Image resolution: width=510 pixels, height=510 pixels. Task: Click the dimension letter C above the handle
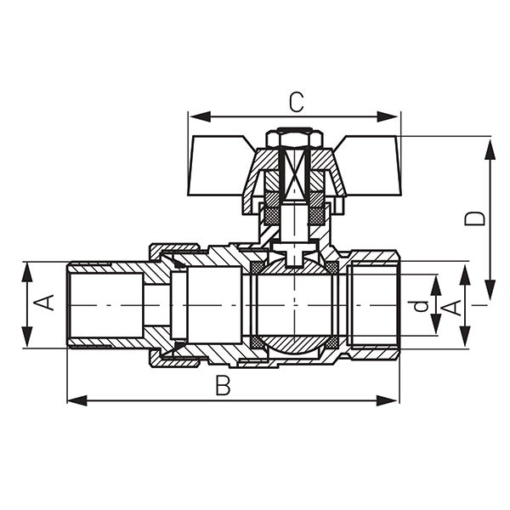[297, 102]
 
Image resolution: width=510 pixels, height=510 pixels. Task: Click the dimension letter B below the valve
[223, 385]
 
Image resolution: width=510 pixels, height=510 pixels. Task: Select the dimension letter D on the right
[475, 218]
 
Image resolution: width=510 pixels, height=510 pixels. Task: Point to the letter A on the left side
[43, 303]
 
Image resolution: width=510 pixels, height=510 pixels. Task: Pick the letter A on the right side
[455, 308]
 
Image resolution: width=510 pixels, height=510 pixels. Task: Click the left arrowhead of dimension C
[200, 116]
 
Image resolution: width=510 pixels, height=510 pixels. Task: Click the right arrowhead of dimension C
[387, 116]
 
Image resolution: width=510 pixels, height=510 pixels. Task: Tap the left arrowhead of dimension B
[77, 400]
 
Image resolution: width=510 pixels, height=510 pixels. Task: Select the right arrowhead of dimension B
[387, 400]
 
